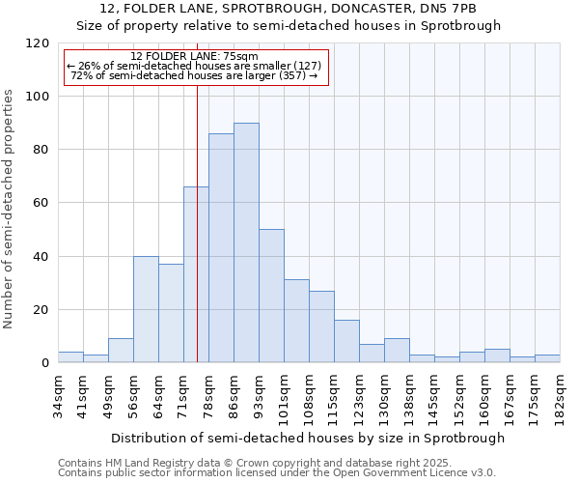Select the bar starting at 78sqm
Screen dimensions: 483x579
221,248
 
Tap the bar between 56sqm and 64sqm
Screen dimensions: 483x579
146,309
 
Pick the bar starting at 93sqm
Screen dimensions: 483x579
271,297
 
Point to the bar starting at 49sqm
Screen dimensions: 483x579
121,351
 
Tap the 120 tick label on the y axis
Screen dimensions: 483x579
38,43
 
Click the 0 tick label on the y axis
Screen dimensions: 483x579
45,363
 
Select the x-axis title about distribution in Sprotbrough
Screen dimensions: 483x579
308,438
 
